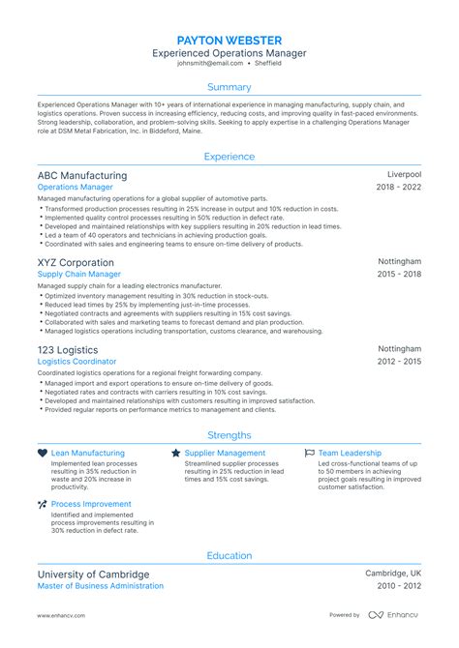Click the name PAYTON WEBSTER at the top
(229, 41)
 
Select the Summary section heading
(229, 87)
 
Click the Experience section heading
(229, 156)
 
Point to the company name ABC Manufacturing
(82, 176)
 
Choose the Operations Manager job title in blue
(76, 188)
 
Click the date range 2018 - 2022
(399, 188)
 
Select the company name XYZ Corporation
(76, 262)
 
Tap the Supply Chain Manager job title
(79, 274)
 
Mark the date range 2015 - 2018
(399, 274)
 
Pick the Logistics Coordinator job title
(76, 361)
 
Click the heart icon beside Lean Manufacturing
(43, 453)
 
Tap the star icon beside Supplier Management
(175, 453)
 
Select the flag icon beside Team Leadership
(309, 453)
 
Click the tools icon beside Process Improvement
(43, 504)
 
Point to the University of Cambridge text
(93, 574)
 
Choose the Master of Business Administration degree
(101, 586)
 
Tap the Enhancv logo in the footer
(393, 615)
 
